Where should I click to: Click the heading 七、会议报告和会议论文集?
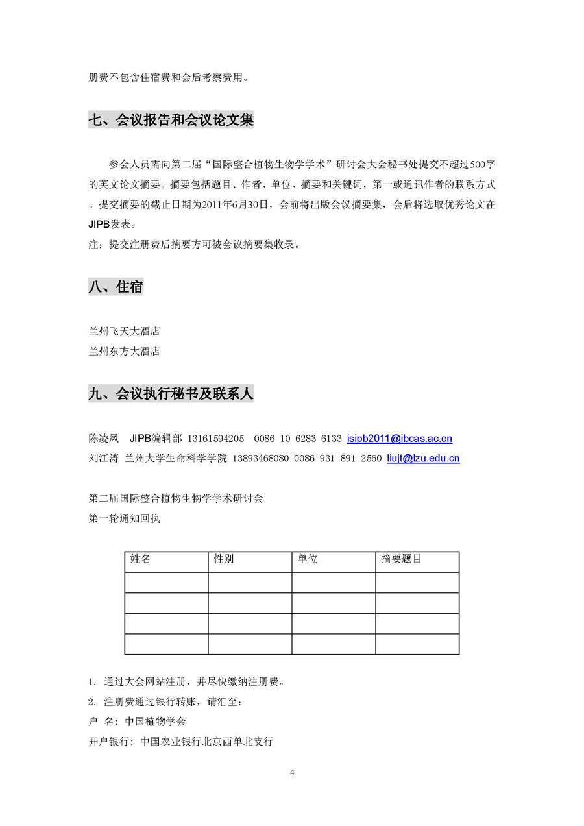171,120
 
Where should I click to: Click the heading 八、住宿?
116,286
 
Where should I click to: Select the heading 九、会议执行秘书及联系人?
171,394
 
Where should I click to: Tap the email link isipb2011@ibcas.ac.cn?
399,439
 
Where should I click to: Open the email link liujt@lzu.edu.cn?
423,458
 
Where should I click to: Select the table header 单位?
308,559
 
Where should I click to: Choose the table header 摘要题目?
401,559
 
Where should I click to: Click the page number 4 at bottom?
292,772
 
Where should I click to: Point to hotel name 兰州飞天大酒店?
124,332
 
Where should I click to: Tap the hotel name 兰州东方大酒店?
124,352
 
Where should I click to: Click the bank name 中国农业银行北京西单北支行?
206,741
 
